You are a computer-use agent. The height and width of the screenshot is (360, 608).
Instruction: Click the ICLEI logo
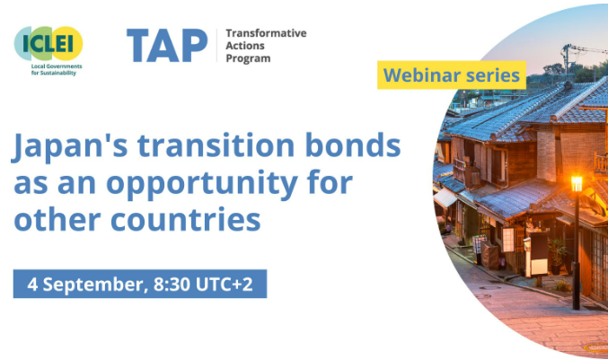coord(48,50)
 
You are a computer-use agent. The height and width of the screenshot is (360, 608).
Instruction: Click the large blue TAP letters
coord(167,46)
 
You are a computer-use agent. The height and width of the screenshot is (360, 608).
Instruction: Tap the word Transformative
coord(266,33)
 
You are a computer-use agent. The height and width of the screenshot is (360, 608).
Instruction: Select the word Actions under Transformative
coord(245,46)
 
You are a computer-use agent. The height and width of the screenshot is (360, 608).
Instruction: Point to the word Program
coord(248,59)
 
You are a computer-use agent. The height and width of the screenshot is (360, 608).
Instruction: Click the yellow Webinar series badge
coord(452,75)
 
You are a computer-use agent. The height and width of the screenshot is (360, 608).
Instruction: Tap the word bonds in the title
coord(353,145)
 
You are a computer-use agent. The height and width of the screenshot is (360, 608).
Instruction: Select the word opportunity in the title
coord(202,184)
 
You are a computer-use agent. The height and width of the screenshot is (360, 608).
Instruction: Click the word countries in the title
coord(185,219)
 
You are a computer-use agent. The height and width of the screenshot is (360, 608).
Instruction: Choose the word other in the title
coord(57,219)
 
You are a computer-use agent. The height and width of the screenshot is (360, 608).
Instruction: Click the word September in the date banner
coord(93,285)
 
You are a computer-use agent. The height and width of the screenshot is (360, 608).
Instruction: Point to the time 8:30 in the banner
coord(172,284)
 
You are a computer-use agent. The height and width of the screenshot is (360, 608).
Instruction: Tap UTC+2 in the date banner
coord(225,284)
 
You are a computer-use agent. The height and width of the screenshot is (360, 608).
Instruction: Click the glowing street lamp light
coord(577,183)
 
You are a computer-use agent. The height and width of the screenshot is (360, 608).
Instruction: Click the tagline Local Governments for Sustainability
coord(57,70)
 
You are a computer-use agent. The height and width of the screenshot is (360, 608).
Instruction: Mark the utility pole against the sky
coord(566,61)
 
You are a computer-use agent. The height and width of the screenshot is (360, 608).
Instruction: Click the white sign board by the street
coord(540,267)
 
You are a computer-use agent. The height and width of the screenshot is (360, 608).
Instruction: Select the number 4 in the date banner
coord(32,285)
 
